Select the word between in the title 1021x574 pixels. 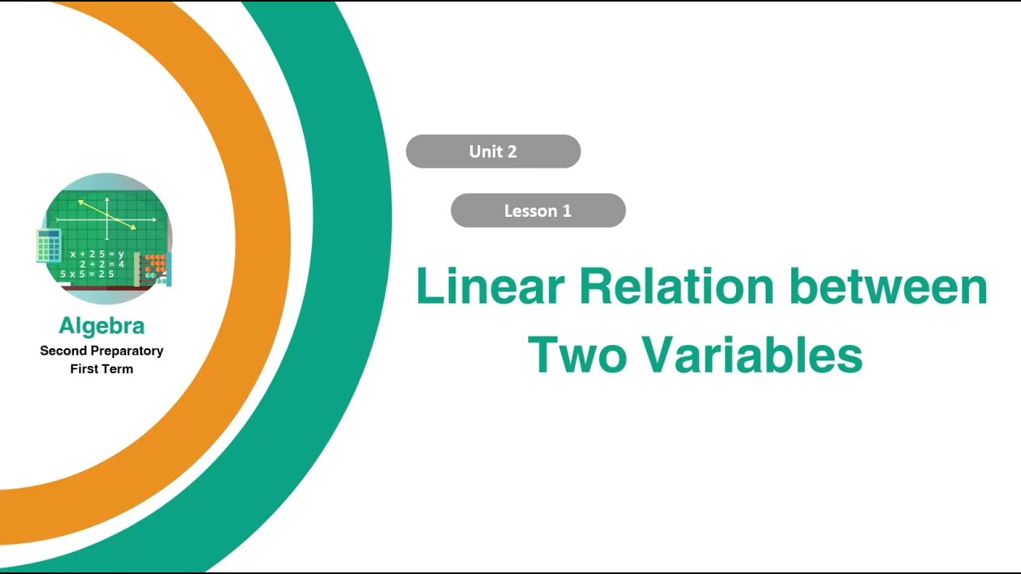888,287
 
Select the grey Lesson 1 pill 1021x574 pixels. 538,210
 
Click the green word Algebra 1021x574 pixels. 101,325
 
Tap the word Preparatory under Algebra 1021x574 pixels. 124,351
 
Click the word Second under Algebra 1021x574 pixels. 61,351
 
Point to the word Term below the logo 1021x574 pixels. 118,369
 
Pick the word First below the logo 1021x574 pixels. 84,369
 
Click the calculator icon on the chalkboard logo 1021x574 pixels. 49,246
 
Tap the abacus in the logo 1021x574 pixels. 152,268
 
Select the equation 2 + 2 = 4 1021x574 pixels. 101,264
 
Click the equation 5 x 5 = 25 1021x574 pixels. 87,274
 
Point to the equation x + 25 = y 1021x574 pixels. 97,254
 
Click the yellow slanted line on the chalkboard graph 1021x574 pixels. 107,214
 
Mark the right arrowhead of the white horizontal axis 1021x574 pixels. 155,218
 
